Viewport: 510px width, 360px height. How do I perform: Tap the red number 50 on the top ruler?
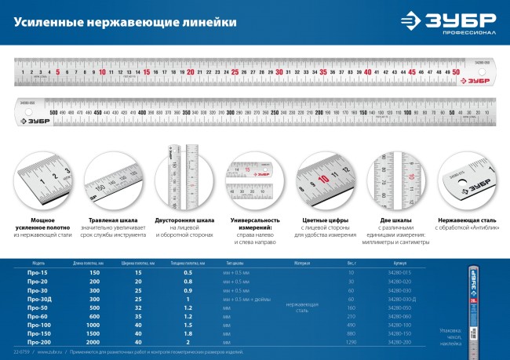coord(457,71)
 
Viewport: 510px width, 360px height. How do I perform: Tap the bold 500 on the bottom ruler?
coord(53,113)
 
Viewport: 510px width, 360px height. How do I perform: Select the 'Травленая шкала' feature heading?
coord(114,221)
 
